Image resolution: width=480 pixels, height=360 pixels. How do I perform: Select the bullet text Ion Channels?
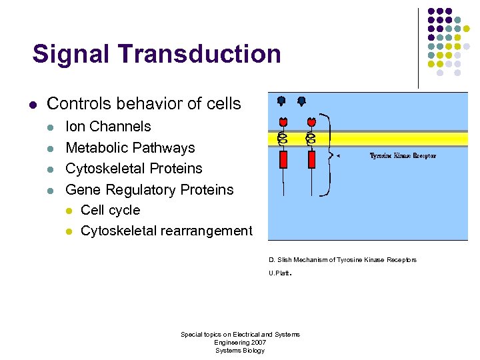(x=108, y=127)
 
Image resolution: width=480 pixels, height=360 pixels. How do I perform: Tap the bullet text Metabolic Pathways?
(x=130, y=148)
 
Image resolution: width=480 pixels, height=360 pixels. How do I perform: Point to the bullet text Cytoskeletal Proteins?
(x=133, y=169)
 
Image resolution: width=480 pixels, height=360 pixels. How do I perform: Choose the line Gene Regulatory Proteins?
(x=149, y=190)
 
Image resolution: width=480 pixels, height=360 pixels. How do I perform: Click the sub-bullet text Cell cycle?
(x=110, y=211)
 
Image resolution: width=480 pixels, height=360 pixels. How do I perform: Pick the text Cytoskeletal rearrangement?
(x=166, y=231)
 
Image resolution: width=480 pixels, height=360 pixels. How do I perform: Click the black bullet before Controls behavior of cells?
(x=32, y=105)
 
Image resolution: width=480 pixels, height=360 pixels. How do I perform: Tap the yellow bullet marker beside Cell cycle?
(x=68, y=211)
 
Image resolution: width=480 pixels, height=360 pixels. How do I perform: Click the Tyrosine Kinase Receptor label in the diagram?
(x=403, y=155)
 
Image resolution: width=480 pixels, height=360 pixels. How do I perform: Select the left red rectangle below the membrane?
(x=283, y=160)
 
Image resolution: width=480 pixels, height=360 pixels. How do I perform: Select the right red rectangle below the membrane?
(x=311, y=160)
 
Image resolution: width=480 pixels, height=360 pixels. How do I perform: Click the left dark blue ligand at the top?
(x=281, y=101)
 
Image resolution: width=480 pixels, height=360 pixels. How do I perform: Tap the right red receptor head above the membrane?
(x=311, y=122)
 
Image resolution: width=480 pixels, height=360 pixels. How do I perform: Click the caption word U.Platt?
(x=280, y=273)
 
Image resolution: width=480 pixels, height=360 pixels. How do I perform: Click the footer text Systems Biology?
(x=240, y=351)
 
